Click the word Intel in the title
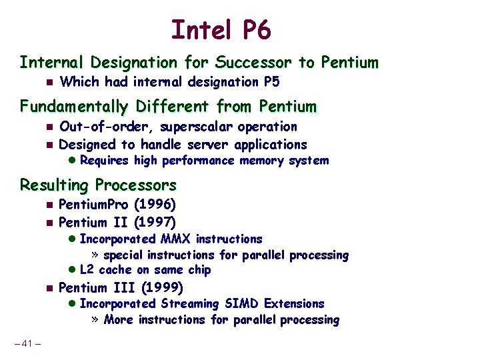click(x=199, y=30)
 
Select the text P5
click(x=270, y=82)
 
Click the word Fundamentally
click(x=75, y=107)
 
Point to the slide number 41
click(x=27, y=344)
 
